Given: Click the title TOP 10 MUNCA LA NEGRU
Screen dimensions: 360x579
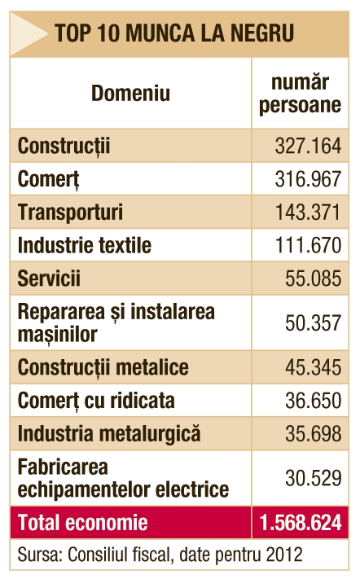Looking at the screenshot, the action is pyautogui.click(x=174, y=33).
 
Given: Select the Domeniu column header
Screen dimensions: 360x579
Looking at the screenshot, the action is pyautogui.click(x=130, y=93).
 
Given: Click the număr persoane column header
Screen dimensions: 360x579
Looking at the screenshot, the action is pyautogui.click(x=300, y=94).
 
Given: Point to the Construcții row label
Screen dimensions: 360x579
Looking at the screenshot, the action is pyautogui.click(x=64, y=146).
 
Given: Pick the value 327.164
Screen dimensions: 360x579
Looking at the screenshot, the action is pyautogui.click(x=308, y=146).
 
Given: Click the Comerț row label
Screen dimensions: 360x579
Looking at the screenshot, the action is pyautogui.click(x=48, y=179).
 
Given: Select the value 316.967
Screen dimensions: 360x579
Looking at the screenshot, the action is pyautogui.click(x=308, y=179).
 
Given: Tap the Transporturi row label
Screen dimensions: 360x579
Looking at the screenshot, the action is pyautogui.click(x=70, y=213).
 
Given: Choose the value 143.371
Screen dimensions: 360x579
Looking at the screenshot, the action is pyautogui.click(x=308, y=213).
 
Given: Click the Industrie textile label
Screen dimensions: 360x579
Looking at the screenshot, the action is pyautogui.click(x=85, y=245).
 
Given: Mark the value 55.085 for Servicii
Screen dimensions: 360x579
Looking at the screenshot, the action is pyautogui.click(x=313, y=279).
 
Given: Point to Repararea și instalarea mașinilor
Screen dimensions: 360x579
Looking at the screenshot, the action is pyautogui.click(x=116, y=322).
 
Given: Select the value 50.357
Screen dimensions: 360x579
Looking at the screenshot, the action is pyautogui.click(x=313, y=323).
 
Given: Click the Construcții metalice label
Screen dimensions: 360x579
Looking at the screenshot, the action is pyautogui.click(x=103, y=367).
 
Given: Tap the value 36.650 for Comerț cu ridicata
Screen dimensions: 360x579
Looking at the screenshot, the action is pyautogui.click(x=313, y=401).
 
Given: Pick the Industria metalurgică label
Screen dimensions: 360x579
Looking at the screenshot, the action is pyautogui.click(x=109, y=434).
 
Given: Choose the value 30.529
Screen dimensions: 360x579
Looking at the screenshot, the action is pyautogui.click(x=313, y=478).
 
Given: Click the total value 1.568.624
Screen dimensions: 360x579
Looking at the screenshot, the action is pyautogui.click(x=301, y=523).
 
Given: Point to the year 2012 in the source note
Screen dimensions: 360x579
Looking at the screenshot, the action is pyautogui.click(x=284, y=555).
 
